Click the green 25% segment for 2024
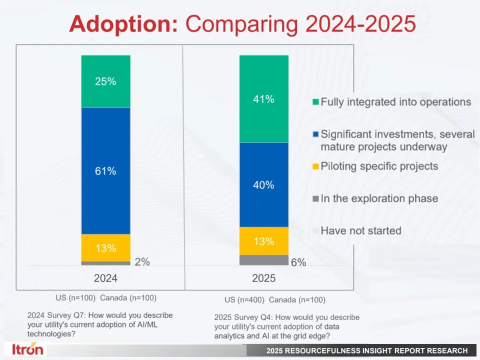click(106, 81)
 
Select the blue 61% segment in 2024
click(106, 170)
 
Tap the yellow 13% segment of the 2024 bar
click(106, 247)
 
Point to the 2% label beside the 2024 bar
click(142, 261)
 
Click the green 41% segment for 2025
click(264, 99)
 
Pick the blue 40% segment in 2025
click(264, 184)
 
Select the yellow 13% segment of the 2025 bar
click(264, 241)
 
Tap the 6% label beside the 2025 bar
click(298, 262)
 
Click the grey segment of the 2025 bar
click(264, 260)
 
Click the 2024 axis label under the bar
click(106, 278)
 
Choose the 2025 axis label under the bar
click(264, 278)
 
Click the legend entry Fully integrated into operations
click(395, 102)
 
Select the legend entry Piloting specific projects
click(379, 166)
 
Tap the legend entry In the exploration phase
click(379, 198)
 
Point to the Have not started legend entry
click(360, 230)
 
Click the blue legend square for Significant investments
click(315, 134)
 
